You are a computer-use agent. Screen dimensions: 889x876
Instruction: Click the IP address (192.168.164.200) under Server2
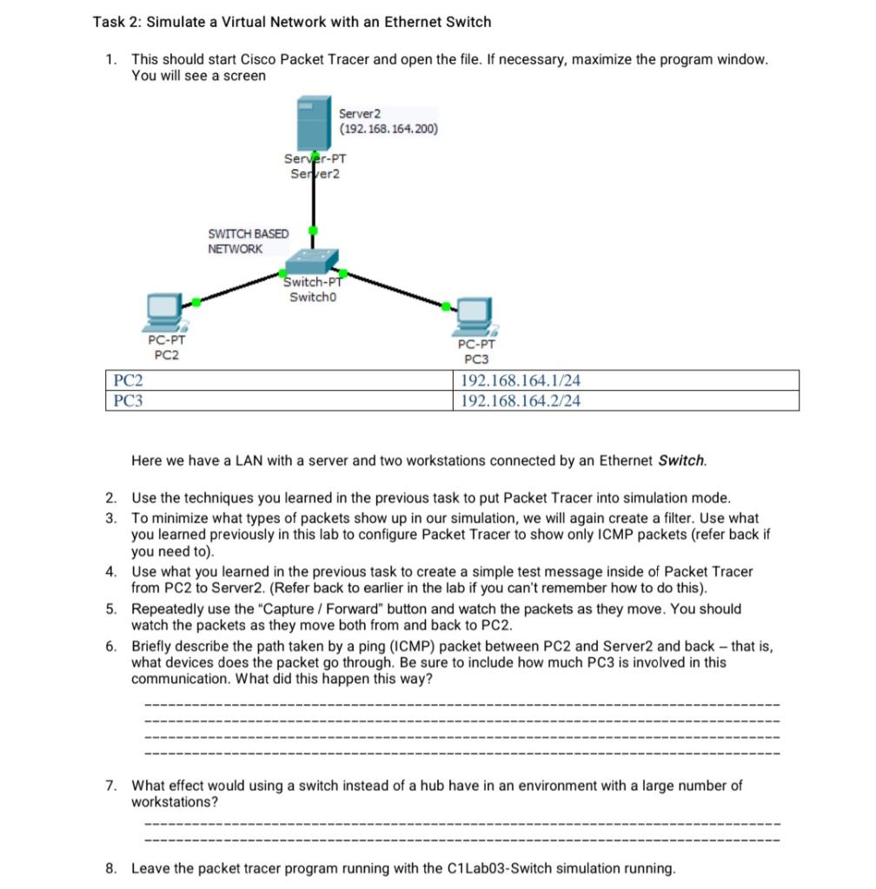[x=388, y=129]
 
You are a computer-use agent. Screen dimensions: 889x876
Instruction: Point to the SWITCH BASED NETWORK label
[x=248, y=241]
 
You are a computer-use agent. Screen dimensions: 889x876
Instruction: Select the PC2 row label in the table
[x=129, y=380]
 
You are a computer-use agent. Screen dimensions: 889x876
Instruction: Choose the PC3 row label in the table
[x=129, y=400]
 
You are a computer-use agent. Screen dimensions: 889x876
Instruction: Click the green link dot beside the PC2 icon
[x=196, y=301]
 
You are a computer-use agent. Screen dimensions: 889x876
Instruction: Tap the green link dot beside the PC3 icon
[x=447, y=306]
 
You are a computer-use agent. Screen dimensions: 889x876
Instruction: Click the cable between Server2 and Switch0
[x=313, y=204]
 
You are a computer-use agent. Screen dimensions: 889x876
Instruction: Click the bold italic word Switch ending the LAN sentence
[x=682, y=460]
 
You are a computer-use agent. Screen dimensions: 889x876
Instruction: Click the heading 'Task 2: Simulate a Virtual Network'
[x=292, y=22]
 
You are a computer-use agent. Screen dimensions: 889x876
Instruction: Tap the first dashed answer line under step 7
[x=461, y=823]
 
